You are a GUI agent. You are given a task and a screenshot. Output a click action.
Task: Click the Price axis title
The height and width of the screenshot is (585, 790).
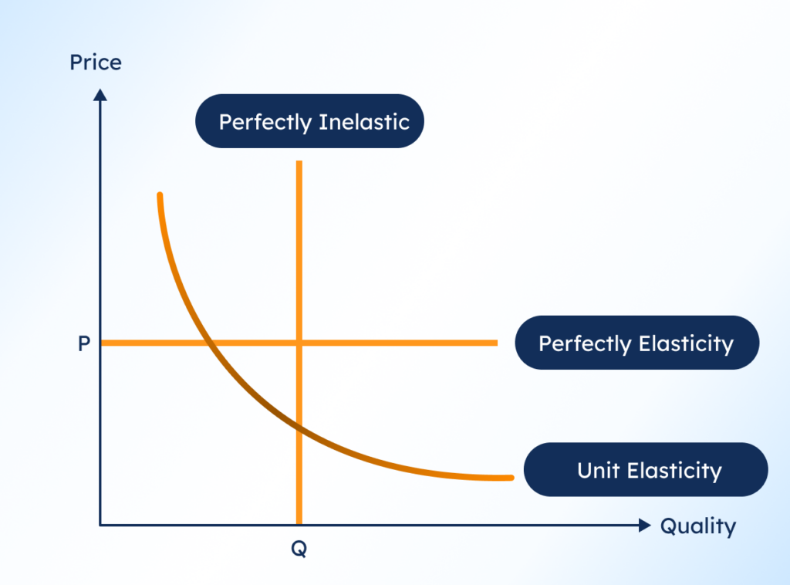(96, 63)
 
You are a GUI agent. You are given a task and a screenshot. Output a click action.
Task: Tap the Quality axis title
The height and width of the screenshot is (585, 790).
(697, 526)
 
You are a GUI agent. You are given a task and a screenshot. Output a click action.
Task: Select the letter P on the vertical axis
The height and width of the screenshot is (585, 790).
(84, 343)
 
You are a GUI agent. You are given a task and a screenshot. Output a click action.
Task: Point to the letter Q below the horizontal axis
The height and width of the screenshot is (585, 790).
(299, 549)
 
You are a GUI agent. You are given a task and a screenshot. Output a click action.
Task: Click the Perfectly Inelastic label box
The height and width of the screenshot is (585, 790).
(309, 121)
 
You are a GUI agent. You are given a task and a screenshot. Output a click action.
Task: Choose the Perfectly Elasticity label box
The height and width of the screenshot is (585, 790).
(636, 343)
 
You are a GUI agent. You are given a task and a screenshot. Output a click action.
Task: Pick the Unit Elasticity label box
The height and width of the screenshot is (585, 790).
(646, 470)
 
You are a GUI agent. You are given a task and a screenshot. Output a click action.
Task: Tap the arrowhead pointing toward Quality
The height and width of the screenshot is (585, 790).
(645, 526)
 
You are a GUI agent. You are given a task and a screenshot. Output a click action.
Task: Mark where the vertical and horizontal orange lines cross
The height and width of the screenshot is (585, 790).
(299, 343)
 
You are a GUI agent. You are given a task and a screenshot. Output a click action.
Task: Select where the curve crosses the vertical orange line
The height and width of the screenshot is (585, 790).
(299, 427)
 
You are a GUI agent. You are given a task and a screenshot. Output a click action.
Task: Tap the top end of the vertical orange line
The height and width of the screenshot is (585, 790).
(299, 163)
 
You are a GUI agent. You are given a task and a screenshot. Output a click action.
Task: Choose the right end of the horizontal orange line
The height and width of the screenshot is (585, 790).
(496, 343)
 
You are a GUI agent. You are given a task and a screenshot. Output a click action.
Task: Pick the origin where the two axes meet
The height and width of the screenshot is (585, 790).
(100, 526)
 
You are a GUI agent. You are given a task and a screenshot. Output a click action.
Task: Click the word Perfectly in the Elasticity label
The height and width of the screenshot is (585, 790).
(584, 343)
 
